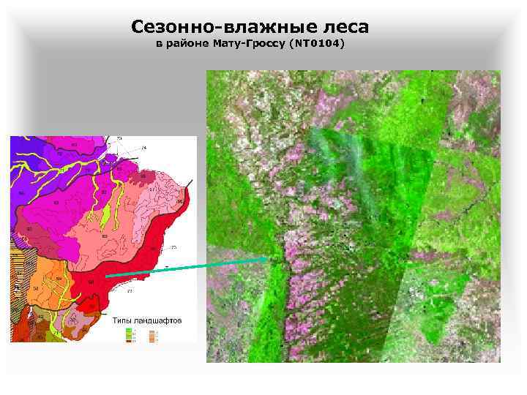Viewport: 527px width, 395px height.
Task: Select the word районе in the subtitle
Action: tap(189, 45)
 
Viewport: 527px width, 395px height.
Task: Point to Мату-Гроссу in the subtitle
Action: tap(249, 45)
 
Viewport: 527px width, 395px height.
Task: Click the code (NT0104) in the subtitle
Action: tap(316, 45)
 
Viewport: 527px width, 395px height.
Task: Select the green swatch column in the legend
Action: tap(130, 334)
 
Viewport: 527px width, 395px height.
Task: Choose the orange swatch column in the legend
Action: tap(152, 334)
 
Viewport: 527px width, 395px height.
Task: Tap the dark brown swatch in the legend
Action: tap(130, 339)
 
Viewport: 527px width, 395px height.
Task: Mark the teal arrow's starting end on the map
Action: tap(105, 276)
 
